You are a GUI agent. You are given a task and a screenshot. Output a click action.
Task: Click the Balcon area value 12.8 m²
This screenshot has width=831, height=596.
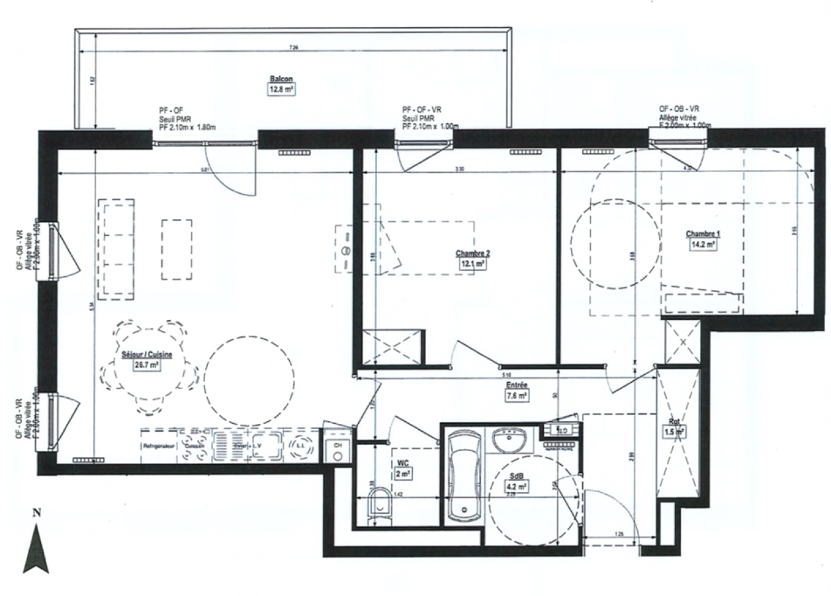point(281,91)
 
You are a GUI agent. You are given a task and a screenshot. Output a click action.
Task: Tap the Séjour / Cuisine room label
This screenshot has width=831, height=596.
point(147,354)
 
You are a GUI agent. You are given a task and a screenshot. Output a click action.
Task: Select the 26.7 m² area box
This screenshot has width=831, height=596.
point(147,365)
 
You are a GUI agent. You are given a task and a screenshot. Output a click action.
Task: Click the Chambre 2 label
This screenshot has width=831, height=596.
point(472,253)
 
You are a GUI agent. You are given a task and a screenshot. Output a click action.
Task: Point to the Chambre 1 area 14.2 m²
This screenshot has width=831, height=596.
point(702,244)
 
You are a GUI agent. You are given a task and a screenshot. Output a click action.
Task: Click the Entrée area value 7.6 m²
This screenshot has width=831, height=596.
point(517,396)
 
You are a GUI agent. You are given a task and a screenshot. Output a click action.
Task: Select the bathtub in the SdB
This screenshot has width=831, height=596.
point(466,475)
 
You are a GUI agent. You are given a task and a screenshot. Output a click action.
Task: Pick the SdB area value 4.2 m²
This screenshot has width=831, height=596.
point(517,487)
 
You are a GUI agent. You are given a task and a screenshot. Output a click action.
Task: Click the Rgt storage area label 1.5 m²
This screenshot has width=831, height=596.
point(674,432)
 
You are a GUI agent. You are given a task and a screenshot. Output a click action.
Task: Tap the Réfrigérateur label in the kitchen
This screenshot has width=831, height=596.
point(159,446)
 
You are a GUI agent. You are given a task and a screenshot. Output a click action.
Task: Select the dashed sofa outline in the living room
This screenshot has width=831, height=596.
point(116,249)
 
